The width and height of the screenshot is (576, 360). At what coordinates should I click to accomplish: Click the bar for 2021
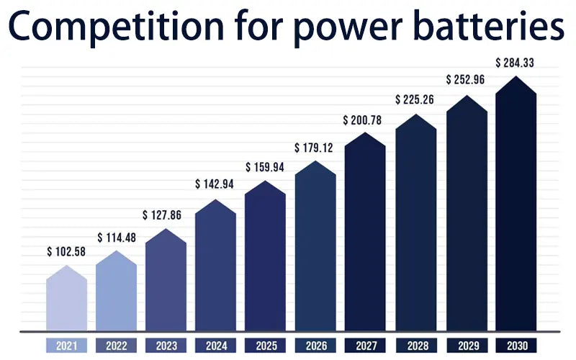[x=66, y=301]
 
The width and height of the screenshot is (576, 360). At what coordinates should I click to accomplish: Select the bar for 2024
[x=215, y=270]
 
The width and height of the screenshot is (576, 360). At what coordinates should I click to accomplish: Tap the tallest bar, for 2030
[x=516, y=209]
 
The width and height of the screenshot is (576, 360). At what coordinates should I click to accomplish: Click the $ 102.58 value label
[x=66, y=252]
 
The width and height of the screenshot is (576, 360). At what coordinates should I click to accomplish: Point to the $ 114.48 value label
[x=117, y=238]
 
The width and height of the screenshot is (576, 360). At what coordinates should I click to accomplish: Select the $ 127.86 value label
[x=166, y=215]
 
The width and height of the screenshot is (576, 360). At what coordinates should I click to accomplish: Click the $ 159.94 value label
[x=265, y=167]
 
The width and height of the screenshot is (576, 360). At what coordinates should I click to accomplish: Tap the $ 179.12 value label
[x=315, y=148]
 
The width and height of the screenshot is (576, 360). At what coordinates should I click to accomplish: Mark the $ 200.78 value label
[x=365, y=119]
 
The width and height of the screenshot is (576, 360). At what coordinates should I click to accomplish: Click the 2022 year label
[x=116, y=346]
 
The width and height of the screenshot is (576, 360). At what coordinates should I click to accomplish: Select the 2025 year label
[x=265, y=346]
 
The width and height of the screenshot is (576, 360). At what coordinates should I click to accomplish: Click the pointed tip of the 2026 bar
[x=315, y=162]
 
